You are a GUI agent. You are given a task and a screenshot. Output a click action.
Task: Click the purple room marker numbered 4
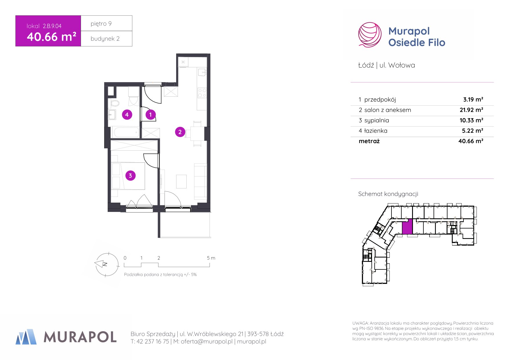(127, 115)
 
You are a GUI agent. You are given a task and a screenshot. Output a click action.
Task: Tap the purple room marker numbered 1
(150, 115)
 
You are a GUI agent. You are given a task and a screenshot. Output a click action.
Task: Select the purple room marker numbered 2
(180, 132)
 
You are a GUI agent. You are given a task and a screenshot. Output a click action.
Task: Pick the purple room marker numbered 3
(130, 175)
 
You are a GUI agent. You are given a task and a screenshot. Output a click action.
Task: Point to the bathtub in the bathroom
(126, 132)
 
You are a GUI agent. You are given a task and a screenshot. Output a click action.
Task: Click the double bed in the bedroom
(128, 176)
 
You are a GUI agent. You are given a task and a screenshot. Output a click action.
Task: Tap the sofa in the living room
(200, 180)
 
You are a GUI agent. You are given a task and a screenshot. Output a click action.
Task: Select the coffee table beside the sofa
(181, 182)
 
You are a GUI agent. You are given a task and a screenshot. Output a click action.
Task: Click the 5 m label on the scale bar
(211, 258)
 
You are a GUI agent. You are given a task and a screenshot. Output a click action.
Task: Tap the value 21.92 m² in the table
(471, 110)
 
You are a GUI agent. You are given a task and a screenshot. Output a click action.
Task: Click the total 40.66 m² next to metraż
(471, 141)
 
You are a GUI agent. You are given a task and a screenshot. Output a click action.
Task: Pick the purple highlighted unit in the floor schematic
(407, 226)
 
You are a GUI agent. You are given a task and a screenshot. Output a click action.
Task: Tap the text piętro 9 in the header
(101, 24)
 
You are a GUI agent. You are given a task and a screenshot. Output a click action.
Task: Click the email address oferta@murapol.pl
(207, 341)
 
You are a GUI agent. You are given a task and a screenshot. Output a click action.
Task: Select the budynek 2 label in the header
(105, 39)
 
